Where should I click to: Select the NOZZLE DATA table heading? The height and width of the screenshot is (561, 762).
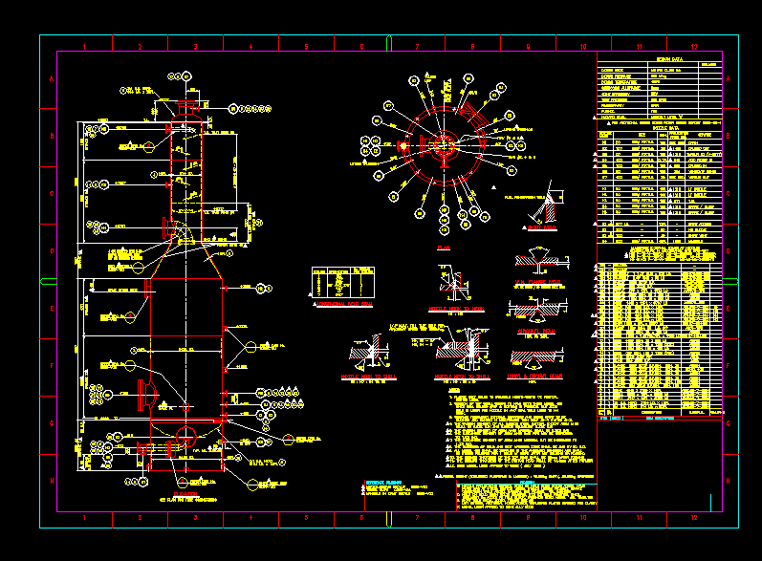(661, 126)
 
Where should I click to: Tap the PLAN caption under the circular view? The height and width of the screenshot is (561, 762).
(443, 248)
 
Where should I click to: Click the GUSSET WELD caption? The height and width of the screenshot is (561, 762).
(540, 228)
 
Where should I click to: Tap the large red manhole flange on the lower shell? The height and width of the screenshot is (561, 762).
(145, 395)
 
